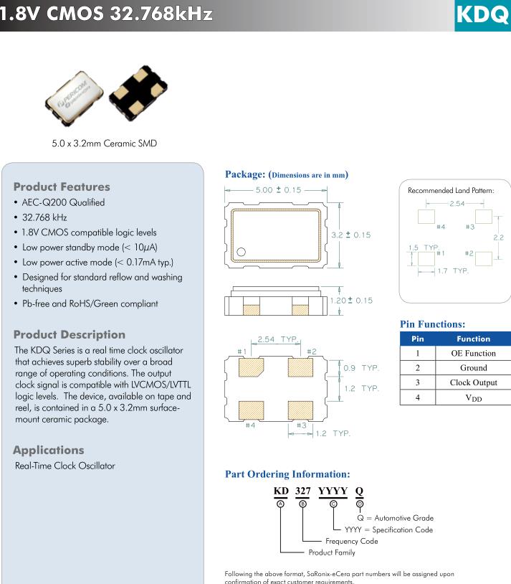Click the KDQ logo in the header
pos(482,15)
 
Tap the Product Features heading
pos(62,187)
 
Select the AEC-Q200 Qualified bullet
pos(63,202)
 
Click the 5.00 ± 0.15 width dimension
pos(278,190)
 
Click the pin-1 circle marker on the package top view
pos(242,252)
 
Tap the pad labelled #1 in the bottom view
pos(252,367)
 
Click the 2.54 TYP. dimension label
pos(277,339)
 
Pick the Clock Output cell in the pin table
pos(473,382)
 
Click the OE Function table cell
pos(473,353)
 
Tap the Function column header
pos(473,339)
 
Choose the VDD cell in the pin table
pos(473,397)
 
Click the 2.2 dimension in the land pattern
pos(499,237)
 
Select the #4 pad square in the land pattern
pos(426,215)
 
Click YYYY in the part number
pos(333,491)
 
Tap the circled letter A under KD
pos(281,504)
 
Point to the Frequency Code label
pos(351,541)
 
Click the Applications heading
pos(49,451)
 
